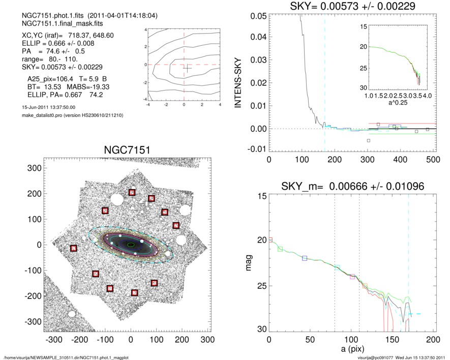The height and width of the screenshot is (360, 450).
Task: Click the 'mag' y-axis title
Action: click(249, 263)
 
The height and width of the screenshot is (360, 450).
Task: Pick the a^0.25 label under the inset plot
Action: click(397, 103)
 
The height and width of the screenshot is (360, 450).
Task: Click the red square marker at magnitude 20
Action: click(270, 239)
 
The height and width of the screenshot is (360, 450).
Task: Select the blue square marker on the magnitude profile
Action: click(305, 258)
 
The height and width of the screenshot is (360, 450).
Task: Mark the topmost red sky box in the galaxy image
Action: click(132, 192)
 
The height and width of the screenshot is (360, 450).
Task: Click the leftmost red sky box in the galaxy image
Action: click(73, 248)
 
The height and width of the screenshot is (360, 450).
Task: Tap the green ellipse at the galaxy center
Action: click(131, 245)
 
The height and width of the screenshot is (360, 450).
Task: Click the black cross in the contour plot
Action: click(187, 68)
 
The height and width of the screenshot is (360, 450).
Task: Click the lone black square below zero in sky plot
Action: click(369, 140)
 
